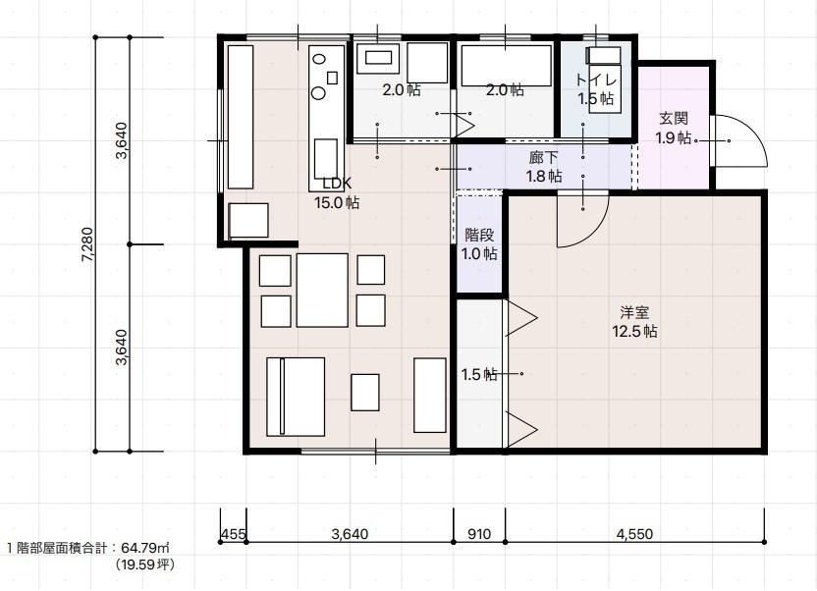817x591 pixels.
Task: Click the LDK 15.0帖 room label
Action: (x=337, y=192)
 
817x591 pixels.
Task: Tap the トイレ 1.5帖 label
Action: (x=596, y=89)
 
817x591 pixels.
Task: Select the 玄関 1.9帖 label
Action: (x=674, y=128)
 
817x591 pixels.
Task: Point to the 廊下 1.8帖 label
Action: (x=543, y=167)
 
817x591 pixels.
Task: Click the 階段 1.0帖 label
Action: (x=479, y=244)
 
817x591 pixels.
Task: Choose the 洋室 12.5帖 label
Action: (x=634, y=322)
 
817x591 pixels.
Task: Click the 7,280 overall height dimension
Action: (x=87, y=244)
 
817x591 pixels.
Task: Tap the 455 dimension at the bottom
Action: (x=233, y=534)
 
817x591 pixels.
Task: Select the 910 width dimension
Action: (x=479, y=534)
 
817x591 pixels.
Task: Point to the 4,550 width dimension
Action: (x=634, y=534)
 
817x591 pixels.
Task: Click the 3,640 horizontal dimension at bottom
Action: (x=350, y=534)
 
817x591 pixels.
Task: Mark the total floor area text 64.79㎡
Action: (x=145, y=548)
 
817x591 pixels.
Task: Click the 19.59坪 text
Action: (x=145, y=564)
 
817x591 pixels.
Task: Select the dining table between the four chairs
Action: (x=322, y=290)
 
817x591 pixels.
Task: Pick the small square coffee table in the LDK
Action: (x=364, y=392)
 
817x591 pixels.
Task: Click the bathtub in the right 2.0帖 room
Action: (x=506, y=66)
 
